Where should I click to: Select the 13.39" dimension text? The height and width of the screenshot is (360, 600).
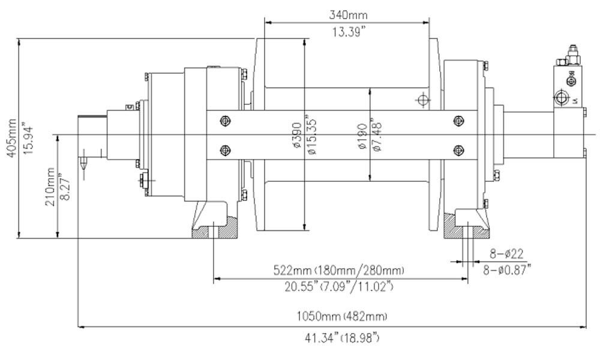coord(347,33)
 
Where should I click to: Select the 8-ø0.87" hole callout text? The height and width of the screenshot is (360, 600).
coord(508,270)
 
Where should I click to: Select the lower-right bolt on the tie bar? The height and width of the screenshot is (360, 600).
coord(459,149)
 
